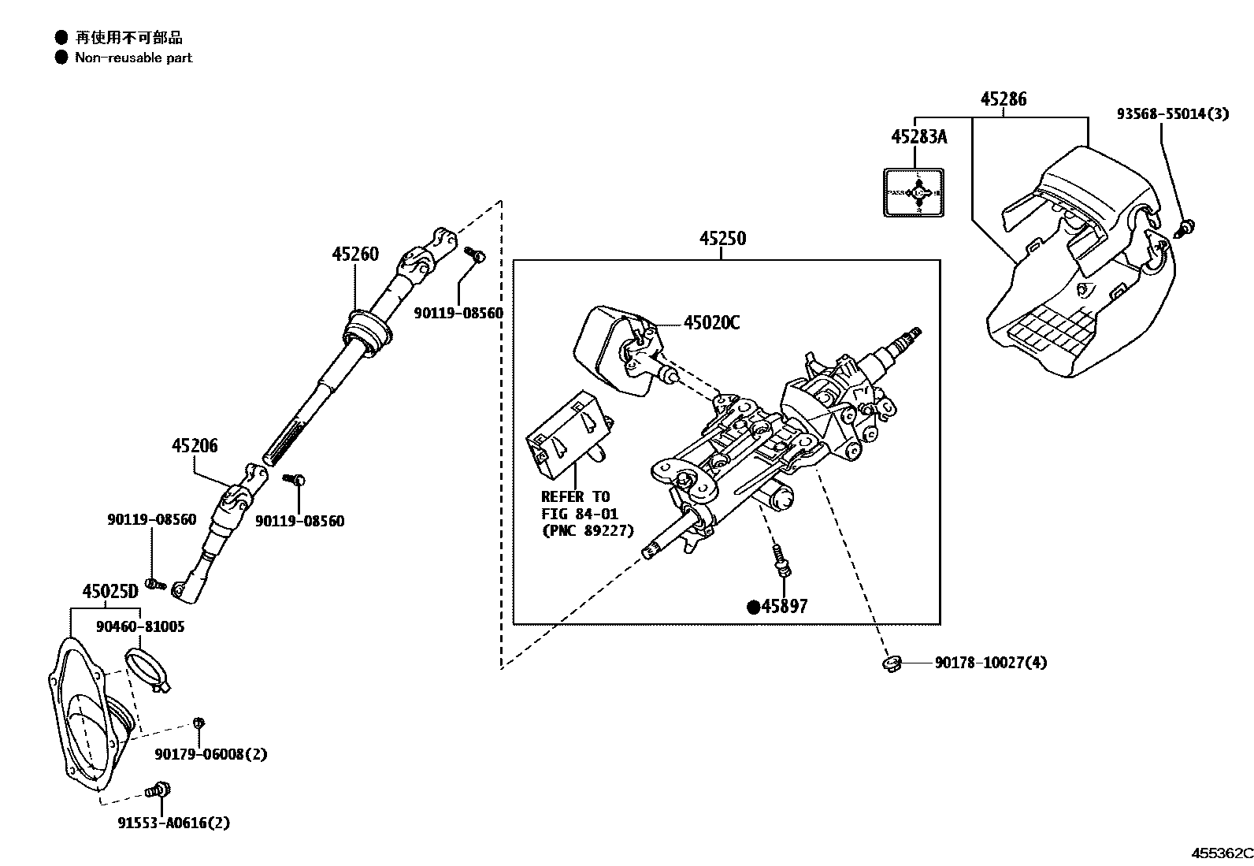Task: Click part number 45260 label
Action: pyautogui.click(x=354, y=255)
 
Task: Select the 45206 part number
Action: pyautogui.click(x=195, y=446)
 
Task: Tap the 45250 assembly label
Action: pyautogui.click(x=722, y=239)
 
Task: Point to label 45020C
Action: pyautogui.click(x=711, y=323)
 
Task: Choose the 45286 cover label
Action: pyautogui.click(x=1004, y=100)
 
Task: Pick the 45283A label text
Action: pyautogui.click(x=918, y=137)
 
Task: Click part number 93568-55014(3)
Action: pyautogui.click(x=1172, y=114)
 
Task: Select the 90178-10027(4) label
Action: pyautogui.click(x=991, y=663)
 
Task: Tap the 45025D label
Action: pyautogui.click(x=109, y=591)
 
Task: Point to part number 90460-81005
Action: pyautogui.click(x=140, y=627)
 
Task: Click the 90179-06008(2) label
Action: pyautogui.click(x=210, y=755)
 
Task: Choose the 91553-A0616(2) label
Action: pyautogui.click(x=173, y=823)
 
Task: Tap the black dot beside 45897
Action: pyautogui.click(x=753, y=607)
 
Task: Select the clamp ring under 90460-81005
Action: pyautogui.click(x=147, y=667)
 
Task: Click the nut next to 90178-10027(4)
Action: pyautogui.click(x=892, y=664)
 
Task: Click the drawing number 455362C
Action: pyautogui.click(x=1220, y=853)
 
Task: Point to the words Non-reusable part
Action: pyautogui.click(x=133, y=58)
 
